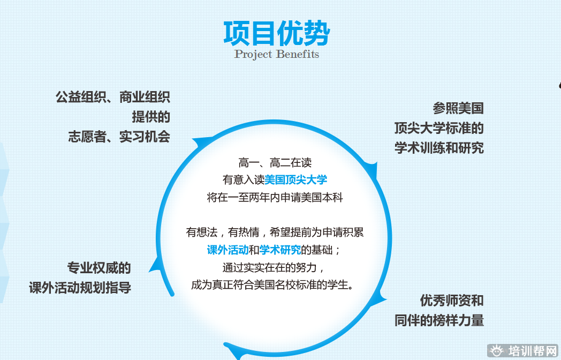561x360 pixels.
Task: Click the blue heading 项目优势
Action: coord(277,33)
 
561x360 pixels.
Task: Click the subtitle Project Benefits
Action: coord(277,55)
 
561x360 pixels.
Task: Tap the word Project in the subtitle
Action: coord(253,55)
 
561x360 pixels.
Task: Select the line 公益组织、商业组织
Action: coord(113,97)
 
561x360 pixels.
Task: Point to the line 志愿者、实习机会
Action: coord(119,137)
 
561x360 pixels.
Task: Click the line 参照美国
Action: coord(458,108)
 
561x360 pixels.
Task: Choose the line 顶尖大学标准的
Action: coord(439,128)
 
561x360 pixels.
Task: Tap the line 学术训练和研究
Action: coord(439,147)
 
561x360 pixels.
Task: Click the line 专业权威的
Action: coord(99,267)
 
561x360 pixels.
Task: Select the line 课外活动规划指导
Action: coord(80,287)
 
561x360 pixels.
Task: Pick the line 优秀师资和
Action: coord(452,301)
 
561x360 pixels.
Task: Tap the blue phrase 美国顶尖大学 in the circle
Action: coord(295,179)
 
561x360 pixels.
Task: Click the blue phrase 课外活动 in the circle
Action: coord(228,250)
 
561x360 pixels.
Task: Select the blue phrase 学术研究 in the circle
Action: coord(280,250)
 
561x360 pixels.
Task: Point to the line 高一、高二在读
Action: coord(275,163)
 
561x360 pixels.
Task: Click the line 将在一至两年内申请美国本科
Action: coord(275,197)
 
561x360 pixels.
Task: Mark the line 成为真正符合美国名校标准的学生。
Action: coord(272,285)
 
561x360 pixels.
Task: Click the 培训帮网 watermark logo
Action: coord(523,351)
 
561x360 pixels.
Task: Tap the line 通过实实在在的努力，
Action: coord(274,267)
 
